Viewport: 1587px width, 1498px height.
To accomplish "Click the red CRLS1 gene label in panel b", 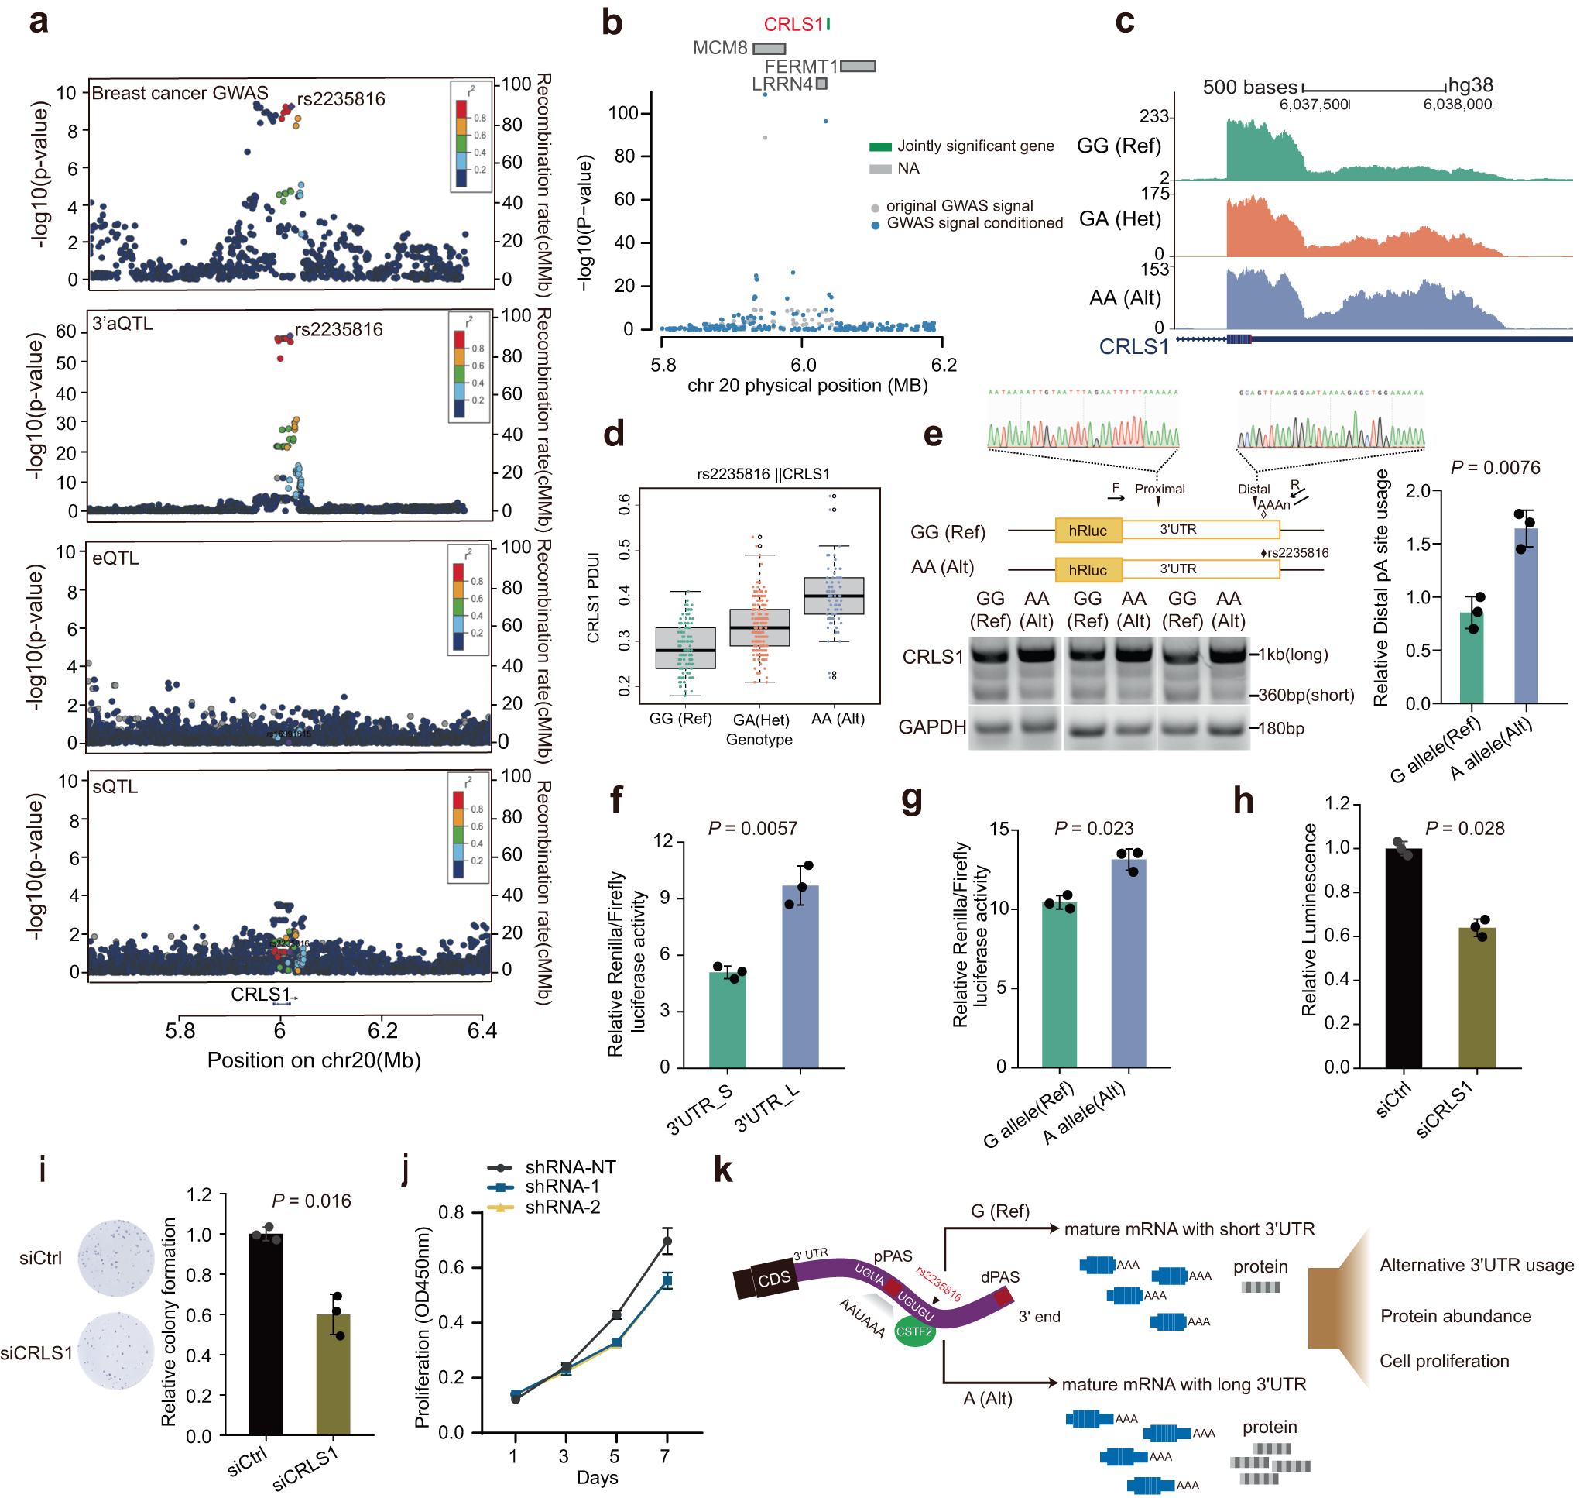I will pyautogui.click(x=793, y=25).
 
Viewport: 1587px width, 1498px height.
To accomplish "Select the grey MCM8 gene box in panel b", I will pyautogui.click(x=769, y=49).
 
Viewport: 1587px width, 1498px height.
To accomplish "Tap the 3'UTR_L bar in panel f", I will pyautogui.click(x=800, y=976).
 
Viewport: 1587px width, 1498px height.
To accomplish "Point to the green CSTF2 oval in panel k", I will pyautogui.click(x=914, y=1331).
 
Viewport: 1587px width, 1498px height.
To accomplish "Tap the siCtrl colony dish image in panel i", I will pyautogui.click(x=117, y=1258).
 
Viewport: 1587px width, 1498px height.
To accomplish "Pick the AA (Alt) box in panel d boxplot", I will pyautogui.click(x=834, y=596).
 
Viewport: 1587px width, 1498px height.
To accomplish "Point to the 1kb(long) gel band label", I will pyautogui.click(x=1294, y=655).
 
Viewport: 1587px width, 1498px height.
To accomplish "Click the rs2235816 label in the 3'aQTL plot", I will pyautogui.click(x=339, y=330).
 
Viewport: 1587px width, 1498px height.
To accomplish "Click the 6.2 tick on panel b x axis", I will pyautogui.click(x=944, y=365).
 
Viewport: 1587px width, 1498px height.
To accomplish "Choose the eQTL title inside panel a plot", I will pyautogui.click(x=116, y=558).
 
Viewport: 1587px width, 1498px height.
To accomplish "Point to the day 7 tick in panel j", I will pyautogui.click(x=666, y=1455).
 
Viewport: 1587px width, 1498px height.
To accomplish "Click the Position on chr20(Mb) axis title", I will pyautogui.click(x=314, y=1060).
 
